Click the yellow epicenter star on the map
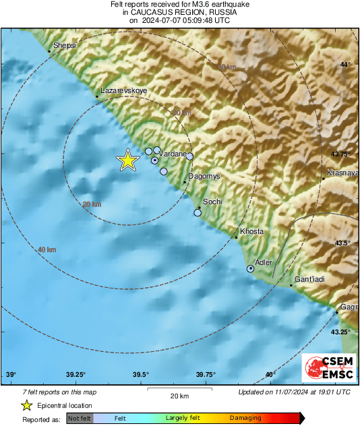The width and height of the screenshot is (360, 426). [127, 160]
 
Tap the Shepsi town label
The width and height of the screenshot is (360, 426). [65, 44]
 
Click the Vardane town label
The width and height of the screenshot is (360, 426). [173, 154]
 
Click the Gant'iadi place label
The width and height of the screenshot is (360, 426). [311, 278]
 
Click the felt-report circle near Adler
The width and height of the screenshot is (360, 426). [251, 269]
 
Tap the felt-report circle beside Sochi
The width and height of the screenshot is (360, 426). [198, 213]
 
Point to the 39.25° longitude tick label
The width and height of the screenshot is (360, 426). [76, 375]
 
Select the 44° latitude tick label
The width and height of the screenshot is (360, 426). [345, 65]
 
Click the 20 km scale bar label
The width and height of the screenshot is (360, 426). [179, 396]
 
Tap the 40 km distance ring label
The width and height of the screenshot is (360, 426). [47, 250]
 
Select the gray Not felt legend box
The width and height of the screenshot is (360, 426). [79, 419]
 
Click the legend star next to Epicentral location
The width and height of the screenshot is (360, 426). [26, 405]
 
